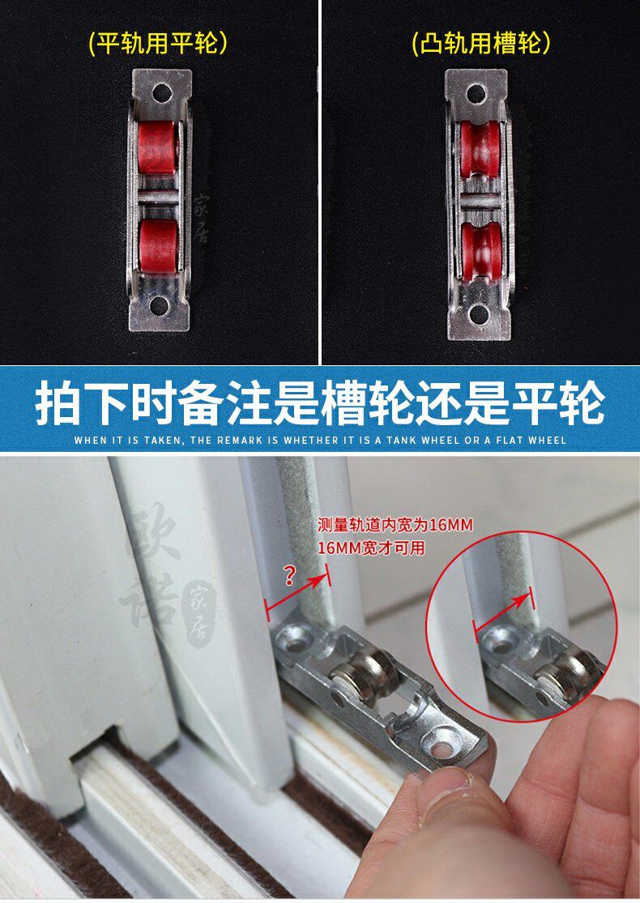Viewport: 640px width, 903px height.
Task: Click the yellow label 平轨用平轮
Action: click(159, 43)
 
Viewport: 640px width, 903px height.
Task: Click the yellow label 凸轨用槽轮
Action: click(481, 43)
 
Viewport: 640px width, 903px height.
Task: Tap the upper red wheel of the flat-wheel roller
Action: click(157, 147)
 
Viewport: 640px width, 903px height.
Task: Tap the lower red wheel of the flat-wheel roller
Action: click(157, 244)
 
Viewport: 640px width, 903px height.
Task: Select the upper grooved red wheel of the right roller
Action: click(480, 148)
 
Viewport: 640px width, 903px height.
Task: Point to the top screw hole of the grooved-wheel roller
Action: click(476, 92)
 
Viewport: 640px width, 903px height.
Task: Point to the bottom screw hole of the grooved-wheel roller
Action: click(477, 314)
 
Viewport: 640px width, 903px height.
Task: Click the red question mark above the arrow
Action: click(290, 575)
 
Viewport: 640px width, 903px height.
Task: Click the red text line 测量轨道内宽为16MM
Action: click(395, 526)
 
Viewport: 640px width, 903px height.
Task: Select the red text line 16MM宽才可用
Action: click(371, 547)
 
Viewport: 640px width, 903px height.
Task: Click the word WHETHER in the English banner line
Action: click(312, 440)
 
